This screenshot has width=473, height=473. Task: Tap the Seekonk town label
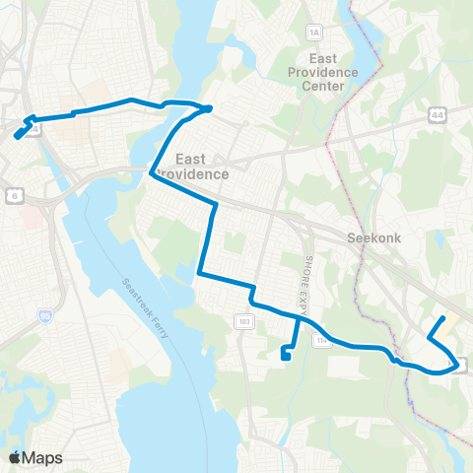tap(371, 237)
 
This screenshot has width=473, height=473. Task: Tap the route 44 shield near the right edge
tap(437, 115)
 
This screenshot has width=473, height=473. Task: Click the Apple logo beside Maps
tap(15, 457)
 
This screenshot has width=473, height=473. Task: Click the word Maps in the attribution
tap(43, 457)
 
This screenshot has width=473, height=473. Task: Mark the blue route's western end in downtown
tap(17, 137)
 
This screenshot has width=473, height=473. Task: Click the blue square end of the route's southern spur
tap(285, 358)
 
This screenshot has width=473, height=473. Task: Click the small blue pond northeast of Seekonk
tap(438, 239)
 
